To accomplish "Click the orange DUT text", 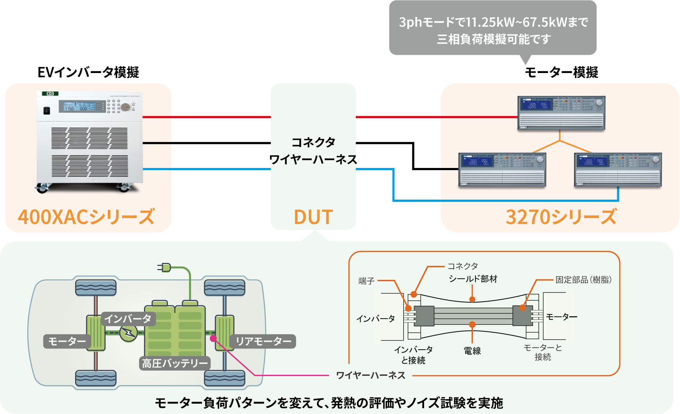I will (x=313, y=217).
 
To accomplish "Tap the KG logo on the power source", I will (x=50, y=94).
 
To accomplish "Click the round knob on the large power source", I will (x=125, y=107).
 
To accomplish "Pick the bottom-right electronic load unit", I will (x=617, y=170).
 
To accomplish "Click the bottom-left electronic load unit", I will (x=502, y=170).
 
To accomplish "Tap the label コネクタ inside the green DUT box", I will (x=313, y=142).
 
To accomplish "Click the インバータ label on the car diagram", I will (x=128, y=319).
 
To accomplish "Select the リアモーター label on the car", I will (x=263, y=341).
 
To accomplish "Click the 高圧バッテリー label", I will (x=175, y=363).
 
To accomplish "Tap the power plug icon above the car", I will (x=165, y=267).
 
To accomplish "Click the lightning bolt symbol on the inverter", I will (x=128, y=333).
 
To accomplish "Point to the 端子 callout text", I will (x=366, y=281).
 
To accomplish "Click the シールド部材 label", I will (x=473, y=279).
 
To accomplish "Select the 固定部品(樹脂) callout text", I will (x=583, y=280).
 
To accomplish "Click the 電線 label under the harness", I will (x=472, y=351).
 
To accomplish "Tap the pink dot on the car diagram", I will (x=213, y=338).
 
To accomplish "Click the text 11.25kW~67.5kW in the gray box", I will (x=527, y=22).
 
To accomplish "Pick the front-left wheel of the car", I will (x=96, y=287).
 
